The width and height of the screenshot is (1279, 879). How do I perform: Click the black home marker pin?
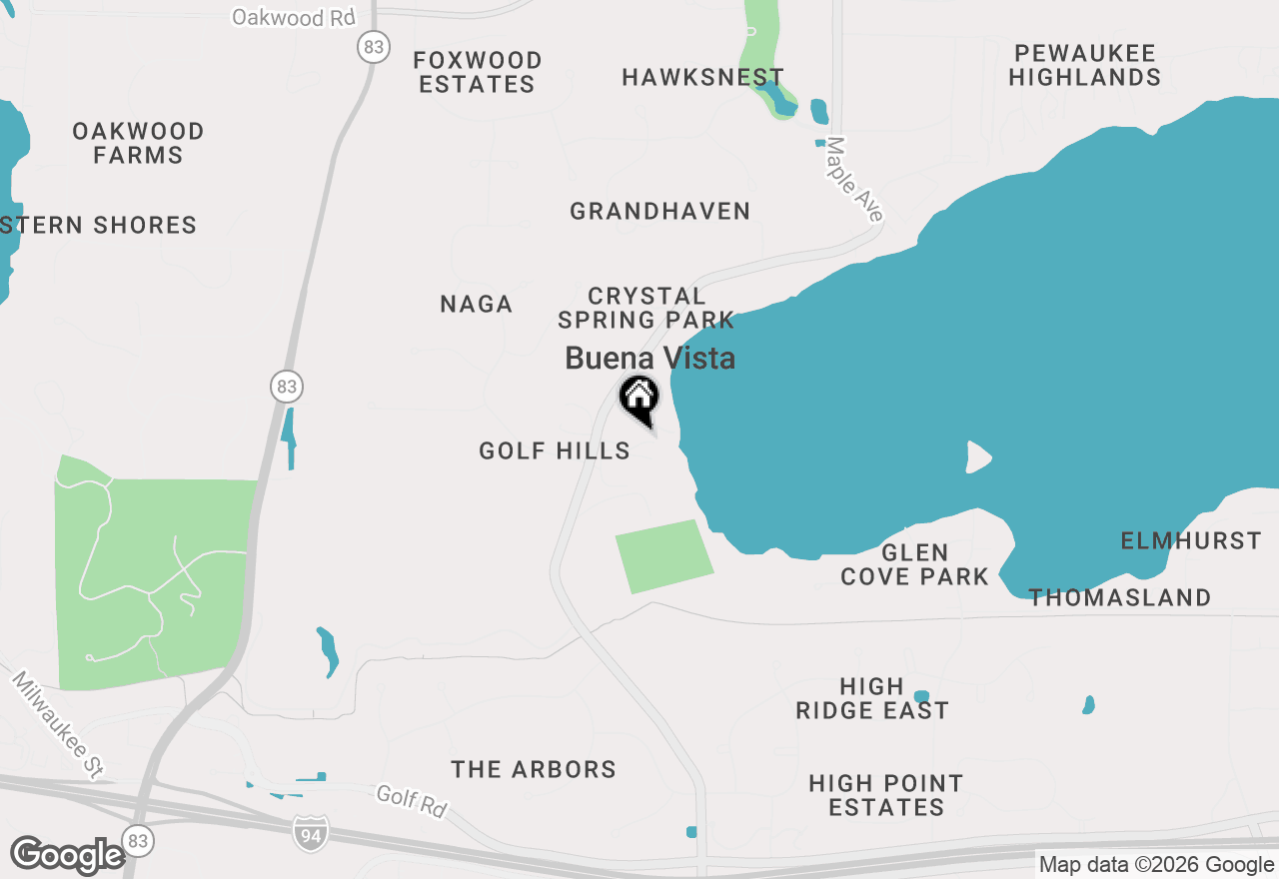click(x=639, y=399)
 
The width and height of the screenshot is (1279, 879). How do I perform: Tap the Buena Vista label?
click(x=650, y=359)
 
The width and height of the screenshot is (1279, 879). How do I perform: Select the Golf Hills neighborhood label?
click(x=555, y=450)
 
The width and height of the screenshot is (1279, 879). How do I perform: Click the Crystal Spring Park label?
click(x=646, y=308)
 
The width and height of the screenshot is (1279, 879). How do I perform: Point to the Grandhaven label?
click(x=659, y=211)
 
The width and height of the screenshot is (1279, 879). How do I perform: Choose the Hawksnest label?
click(x=702, y=77)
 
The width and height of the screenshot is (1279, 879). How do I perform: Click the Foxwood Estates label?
click(x=478, y=72)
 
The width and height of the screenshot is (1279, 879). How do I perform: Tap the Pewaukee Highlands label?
click(x=1084, y=65)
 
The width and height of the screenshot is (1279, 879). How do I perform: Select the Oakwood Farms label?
click(x=138, y=143)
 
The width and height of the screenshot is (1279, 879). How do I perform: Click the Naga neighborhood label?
click(x=477, y=304)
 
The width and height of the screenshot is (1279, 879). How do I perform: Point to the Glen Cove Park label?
click(x=914, y=564)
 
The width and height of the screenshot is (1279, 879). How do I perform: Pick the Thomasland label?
click(x=1120, y=597)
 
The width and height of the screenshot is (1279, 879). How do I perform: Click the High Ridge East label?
click(x=872, y=698)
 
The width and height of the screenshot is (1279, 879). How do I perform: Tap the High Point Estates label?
click(x=886, y=795)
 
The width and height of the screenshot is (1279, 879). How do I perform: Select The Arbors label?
click(x=534, y=769)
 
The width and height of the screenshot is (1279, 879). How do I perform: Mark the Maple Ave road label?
click(x=854, y=180)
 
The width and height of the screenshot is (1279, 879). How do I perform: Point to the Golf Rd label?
click(x=412, y=801)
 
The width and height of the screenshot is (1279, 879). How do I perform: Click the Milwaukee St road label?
click(x=58, y=724)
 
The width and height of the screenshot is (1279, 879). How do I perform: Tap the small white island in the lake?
click(x=977, y=457)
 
